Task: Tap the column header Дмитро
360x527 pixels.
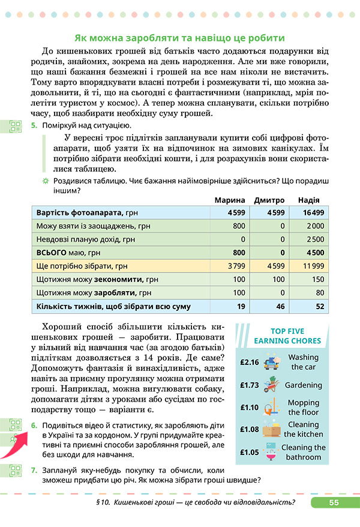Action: point(269,200)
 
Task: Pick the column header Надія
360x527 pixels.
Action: point(308,200)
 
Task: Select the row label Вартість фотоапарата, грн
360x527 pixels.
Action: point(79,212)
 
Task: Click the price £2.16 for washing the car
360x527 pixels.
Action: point(248,363)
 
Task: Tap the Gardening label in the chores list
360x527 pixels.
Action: point(303,385)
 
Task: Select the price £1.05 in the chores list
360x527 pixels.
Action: point(248,452)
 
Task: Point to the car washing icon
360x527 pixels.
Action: point(273,361)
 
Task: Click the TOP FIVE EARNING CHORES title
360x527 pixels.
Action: point(287,336)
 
